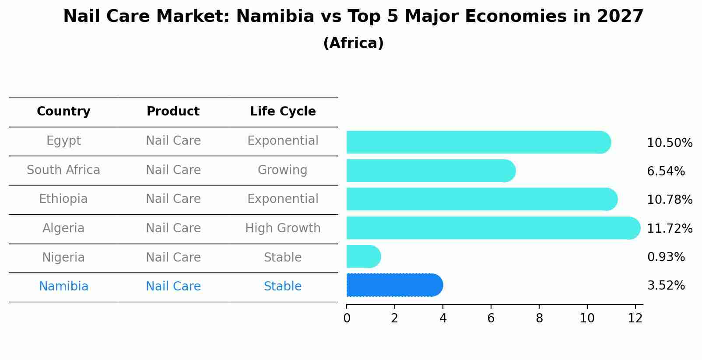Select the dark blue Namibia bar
(394, 285)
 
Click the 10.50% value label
(669, 143)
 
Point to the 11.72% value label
(669, 229)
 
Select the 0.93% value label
(666, 257)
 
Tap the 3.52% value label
(666, 286)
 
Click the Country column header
(63, 112)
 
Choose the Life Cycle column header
(283, 112)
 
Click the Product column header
(173, 112)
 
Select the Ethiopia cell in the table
(63, 199)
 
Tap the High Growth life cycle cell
(283, 228)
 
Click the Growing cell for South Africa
(283, 170)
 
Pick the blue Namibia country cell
(63, 287)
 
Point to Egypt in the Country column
(63, 141)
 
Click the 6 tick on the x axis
(491, 318)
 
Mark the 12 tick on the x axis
(635, 318)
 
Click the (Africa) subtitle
(353, 43)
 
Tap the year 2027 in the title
(620, 17)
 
